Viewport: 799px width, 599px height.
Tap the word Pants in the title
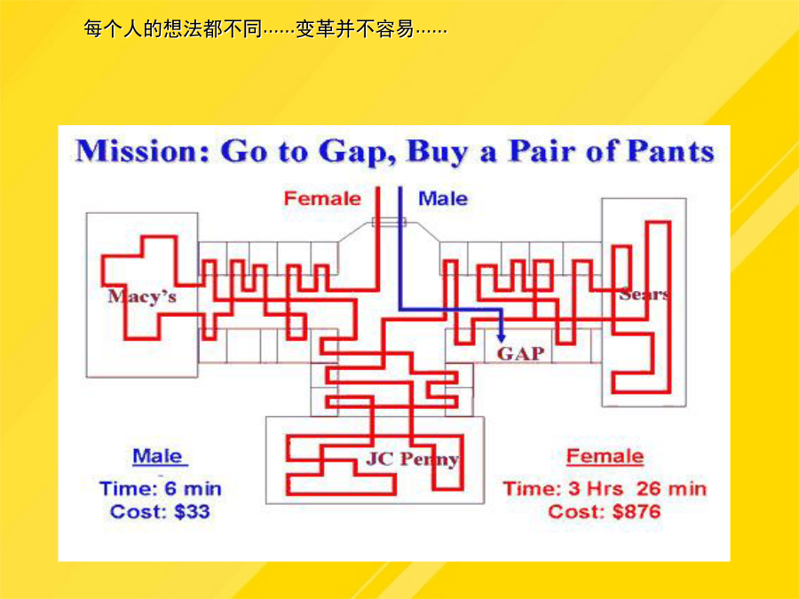click(x=670, y=151)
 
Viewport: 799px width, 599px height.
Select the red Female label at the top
click(x=322, y=198)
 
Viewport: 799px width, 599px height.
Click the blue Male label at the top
click(x=443, y=198)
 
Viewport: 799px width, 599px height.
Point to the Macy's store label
click(x=142, y=296)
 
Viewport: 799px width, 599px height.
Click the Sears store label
click(x=645, y=294)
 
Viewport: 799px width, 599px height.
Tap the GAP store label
click(x=521, y=353)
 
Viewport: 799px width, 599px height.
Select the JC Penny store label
click(x=412, y=460)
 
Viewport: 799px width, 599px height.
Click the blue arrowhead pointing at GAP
click(x=502, y=337)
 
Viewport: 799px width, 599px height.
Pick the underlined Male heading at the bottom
click(x=158, y=456)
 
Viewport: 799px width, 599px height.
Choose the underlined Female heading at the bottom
click(x=605, y=456)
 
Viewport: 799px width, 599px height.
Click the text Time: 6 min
click(x=161, y=488)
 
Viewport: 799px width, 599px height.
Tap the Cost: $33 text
click(x=160, y=511)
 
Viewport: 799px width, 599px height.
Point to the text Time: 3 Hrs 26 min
click(x=605, y=488)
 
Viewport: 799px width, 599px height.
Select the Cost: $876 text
click(x=605, y=511)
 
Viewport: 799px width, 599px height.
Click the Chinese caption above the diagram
click(x=265, y=29)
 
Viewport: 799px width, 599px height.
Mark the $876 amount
click(x=637, y=511)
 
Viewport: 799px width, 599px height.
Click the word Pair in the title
click(x=542, y=151)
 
